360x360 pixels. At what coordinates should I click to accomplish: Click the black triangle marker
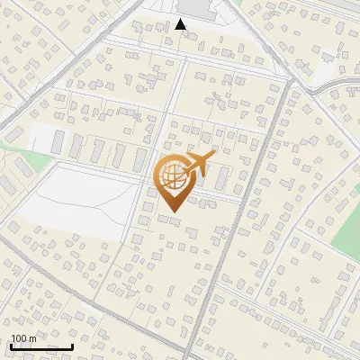(181, 24)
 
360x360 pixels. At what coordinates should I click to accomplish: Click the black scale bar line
(41, 346)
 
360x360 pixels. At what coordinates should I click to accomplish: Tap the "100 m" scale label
(23, 338)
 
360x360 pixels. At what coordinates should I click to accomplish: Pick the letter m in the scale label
(32, 338)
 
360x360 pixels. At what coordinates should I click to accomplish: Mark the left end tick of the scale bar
(11, 345)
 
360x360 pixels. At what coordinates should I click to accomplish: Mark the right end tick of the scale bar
(73, 345)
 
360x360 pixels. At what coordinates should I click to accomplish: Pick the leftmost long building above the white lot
(58, 142)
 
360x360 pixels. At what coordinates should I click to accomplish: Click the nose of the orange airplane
(213, 157)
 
